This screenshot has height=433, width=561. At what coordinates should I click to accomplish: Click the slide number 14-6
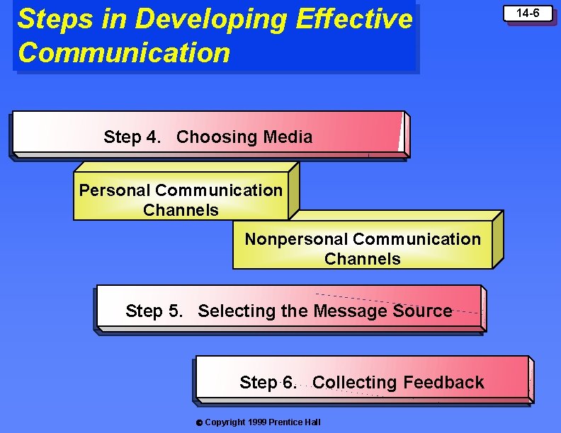point(528,13)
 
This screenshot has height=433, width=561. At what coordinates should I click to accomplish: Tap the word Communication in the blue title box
point(124,53)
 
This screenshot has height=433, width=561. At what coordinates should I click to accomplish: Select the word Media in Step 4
point(288,137)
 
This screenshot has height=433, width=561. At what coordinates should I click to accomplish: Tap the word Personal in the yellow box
point(115,190)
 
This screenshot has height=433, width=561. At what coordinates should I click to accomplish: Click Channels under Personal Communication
point(181,210)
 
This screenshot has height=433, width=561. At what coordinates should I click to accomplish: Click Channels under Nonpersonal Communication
point(362,259)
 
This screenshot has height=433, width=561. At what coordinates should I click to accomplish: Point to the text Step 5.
point(154,311)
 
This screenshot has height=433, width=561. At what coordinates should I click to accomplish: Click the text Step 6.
point(268,383)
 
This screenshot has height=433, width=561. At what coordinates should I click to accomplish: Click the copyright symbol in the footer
point(199,422)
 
